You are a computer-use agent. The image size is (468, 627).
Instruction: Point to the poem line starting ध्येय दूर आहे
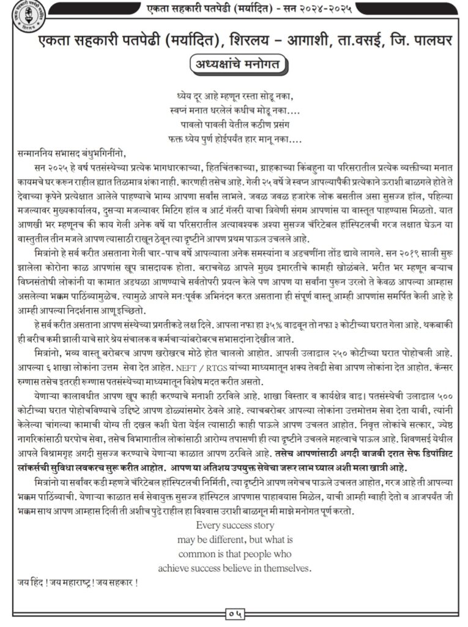tap(234, 97)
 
